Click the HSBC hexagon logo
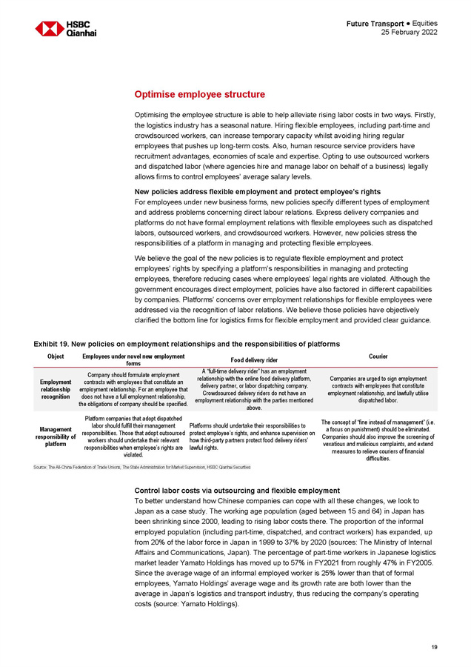pyautogui.click(x=50, y=29)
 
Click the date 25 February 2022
pyautogui.click(x=409, y=33)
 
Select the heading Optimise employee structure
pyautogui.click(x=199, y=95)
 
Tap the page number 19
pyautogui.click(x=433, y=647)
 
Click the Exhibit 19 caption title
pyautogui.click(x=187, y=344)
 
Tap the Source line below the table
pyautogui.click(x=141, y=468)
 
